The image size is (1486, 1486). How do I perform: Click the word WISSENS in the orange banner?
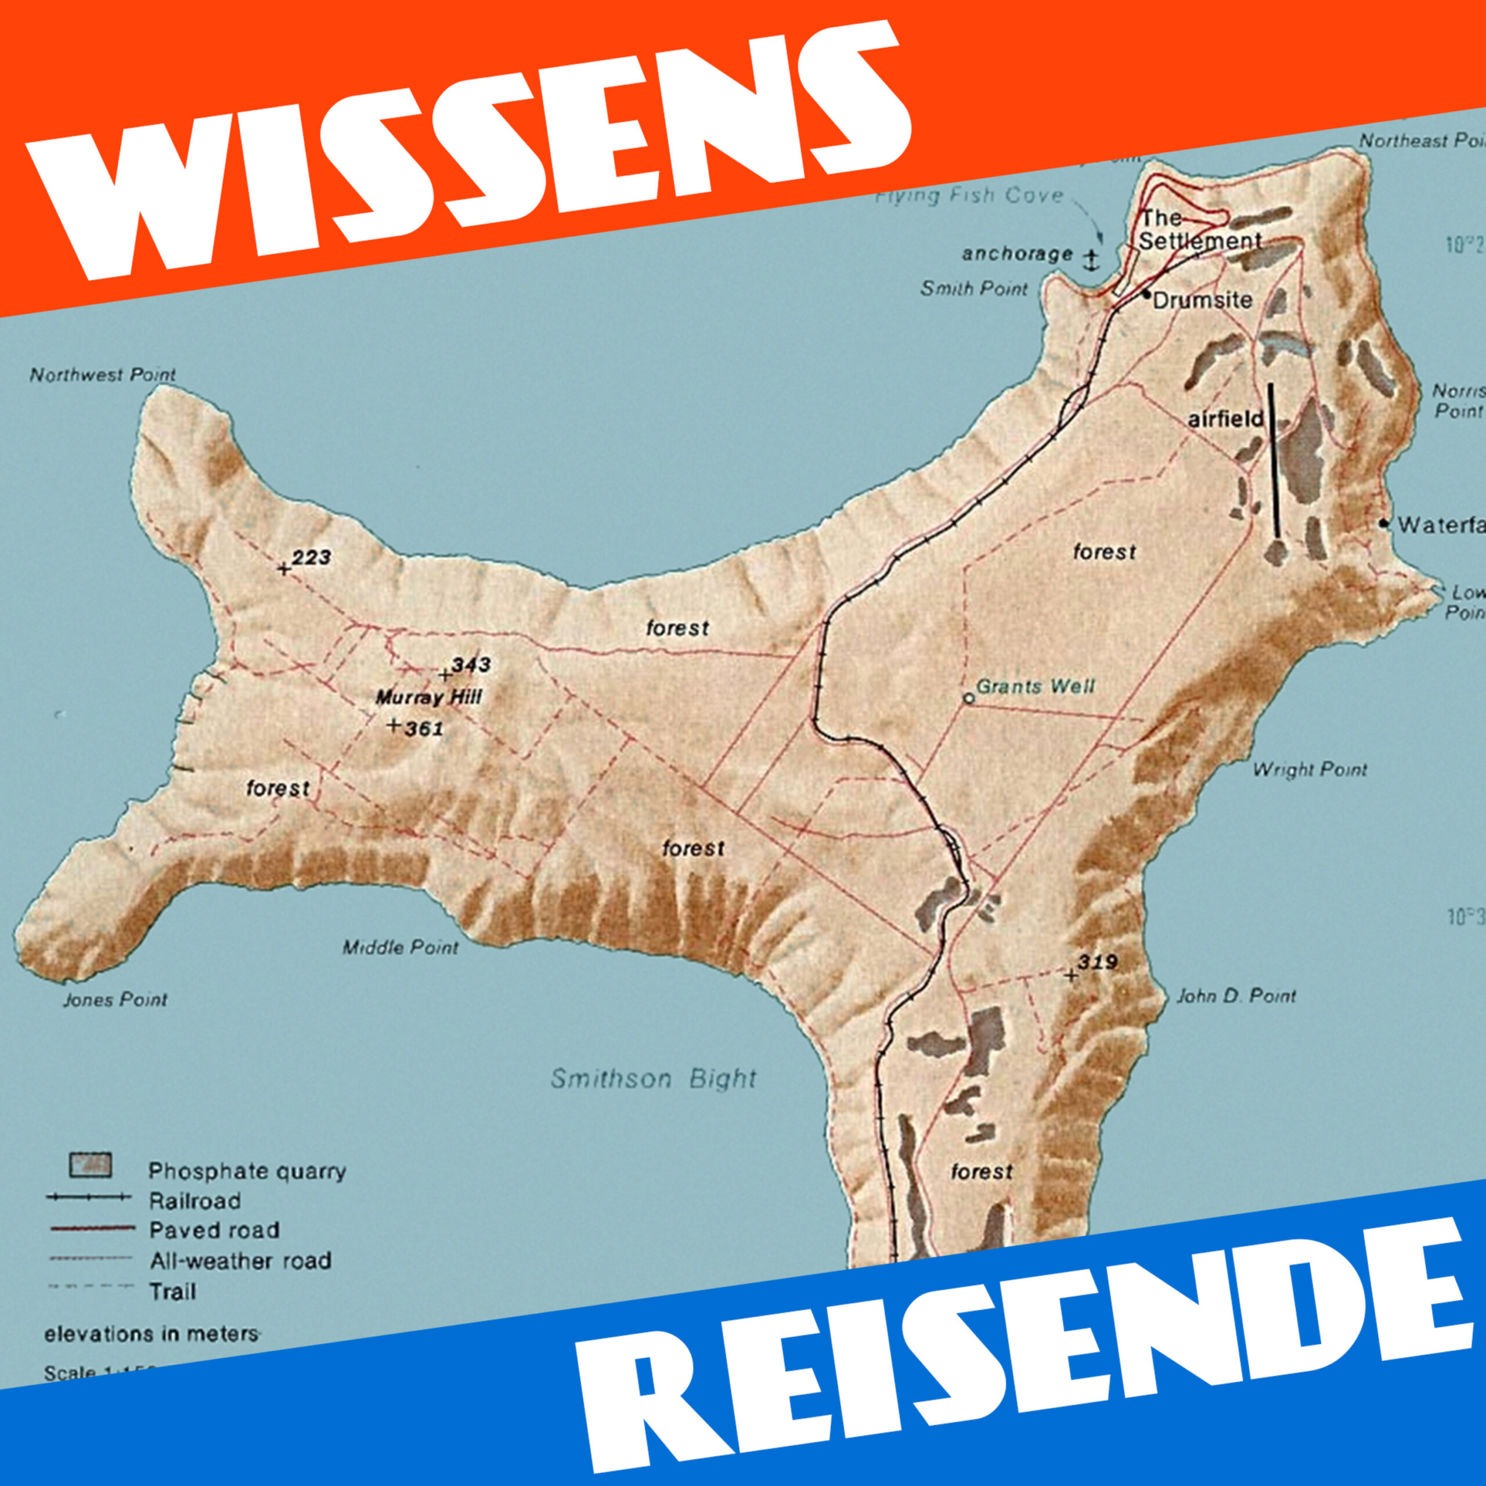tap(469, 146)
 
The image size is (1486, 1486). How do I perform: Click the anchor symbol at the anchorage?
tap(1090, 260)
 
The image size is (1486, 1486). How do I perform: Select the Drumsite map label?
tap(1202, 300)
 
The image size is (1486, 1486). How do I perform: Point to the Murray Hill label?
tap(428, 698)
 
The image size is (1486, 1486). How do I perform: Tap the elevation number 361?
tap(424, 728)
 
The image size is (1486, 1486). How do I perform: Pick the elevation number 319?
tap(1098, 962)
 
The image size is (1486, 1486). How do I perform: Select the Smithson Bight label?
tap(653, 1079)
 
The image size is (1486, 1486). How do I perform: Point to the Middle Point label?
tap(400, 947)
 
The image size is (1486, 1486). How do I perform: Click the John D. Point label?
tap(1236, 996)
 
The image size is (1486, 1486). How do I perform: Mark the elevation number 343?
tap(471, 665)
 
